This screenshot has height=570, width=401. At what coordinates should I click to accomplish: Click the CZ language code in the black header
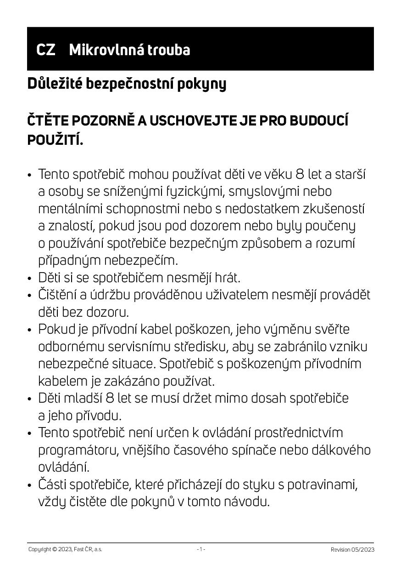[x=45, y=50]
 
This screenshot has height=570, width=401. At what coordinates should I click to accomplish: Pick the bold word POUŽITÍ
[x=55, y=140]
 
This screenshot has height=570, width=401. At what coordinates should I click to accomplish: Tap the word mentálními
[x=70, y=209]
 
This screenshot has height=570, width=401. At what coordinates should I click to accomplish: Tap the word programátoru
[x=78, y=450]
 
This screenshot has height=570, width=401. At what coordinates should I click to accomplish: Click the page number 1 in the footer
[x=200, y=549]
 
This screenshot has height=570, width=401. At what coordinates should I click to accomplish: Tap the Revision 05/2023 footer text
[x=352, y=550]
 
